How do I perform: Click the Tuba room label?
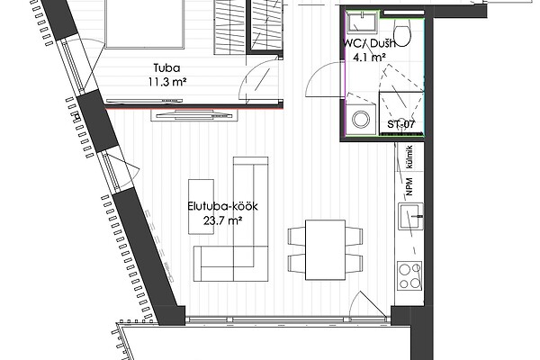(x=166, y=67)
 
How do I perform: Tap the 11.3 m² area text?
(x=167, y=82)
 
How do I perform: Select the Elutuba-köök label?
(x=222, y=206)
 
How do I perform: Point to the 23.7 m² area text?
(x=222, y=220)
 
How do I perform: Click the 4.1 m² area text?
(x=369, y=58)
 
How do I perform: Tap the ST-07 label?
(x=401, y=124)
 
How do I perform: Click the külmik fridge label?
(x=409, y=157)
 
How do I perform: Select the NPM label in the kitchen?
(x=409, y=186)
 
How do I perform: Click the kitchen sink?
(x=410, y=216)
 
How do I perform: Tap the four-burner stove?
(x=409, y=275)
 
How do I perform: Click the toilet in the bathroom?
(x=401, y=31)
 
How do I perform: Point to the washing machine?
(x=361, y=119)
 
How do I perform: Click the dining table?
(x=326, y=250)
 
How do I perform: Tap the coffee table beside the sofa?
(x=201, y=207)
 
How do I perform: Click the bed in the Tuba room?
(x=144, y=23)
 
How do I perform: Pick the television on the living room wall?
(x=194, y=114)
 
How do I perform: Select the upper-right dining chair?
(x=355, y=236)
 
